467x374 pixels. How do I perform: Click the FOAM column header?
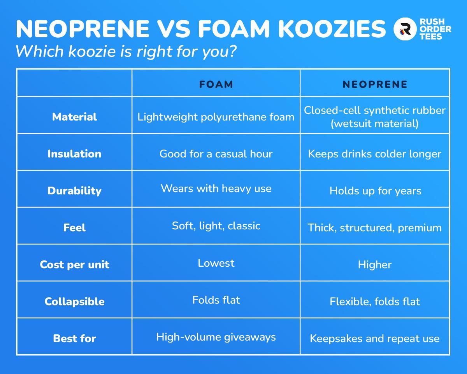pyautogui.click(x=216, y=84)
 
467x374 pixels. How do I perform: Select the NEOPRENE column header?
pyautogui.click(x=375, y=84)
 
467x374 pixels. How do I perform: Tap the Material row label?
pyautogui.click(x=74, y=117)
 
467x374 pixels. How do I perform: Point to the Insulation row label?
pyautogui.click(x=74, y=154)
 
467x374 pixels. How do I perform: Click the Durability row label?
pyautogui.click(x=74, y=191)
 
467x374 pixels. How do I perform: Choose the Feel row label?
pyautogui.click(x=74, y=228)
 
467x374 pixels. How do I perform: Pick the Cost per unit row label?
pyautogui.click(x=74, y=265)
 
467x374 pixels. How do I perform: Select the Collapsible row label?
pyautogui.click(x=74, y=302)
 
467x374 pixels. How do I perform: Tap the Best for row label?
pyautogui.click(x=74, y=339)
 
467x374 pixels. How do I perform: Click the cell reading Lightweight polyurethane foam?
pyautogui.click(x=216, y=117)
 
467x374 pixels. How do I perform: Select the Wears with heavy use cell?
pyautogui.click(x=216, y=189)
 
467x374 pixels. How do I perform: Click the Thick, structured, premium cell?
pyautogui.click(x=375, y=228)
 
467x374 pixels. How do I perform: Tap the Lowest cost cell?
pyautogui.click(x=216, y=263)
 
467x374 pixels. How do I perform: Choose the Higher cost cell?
pyautogui.click(x=375, y=265)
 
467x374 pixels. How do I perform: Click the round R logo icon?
pyautogui.click(x=405, y=29)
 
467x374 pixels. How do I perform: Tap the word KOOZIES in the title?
pyautogui.click(x=332, y=29)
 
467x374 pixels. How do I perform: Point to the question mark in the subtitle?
pyautogui.click(x=232, y=51)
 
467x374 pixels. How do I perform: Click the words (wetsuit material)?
pyautogui.click(x=375, y=124)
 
